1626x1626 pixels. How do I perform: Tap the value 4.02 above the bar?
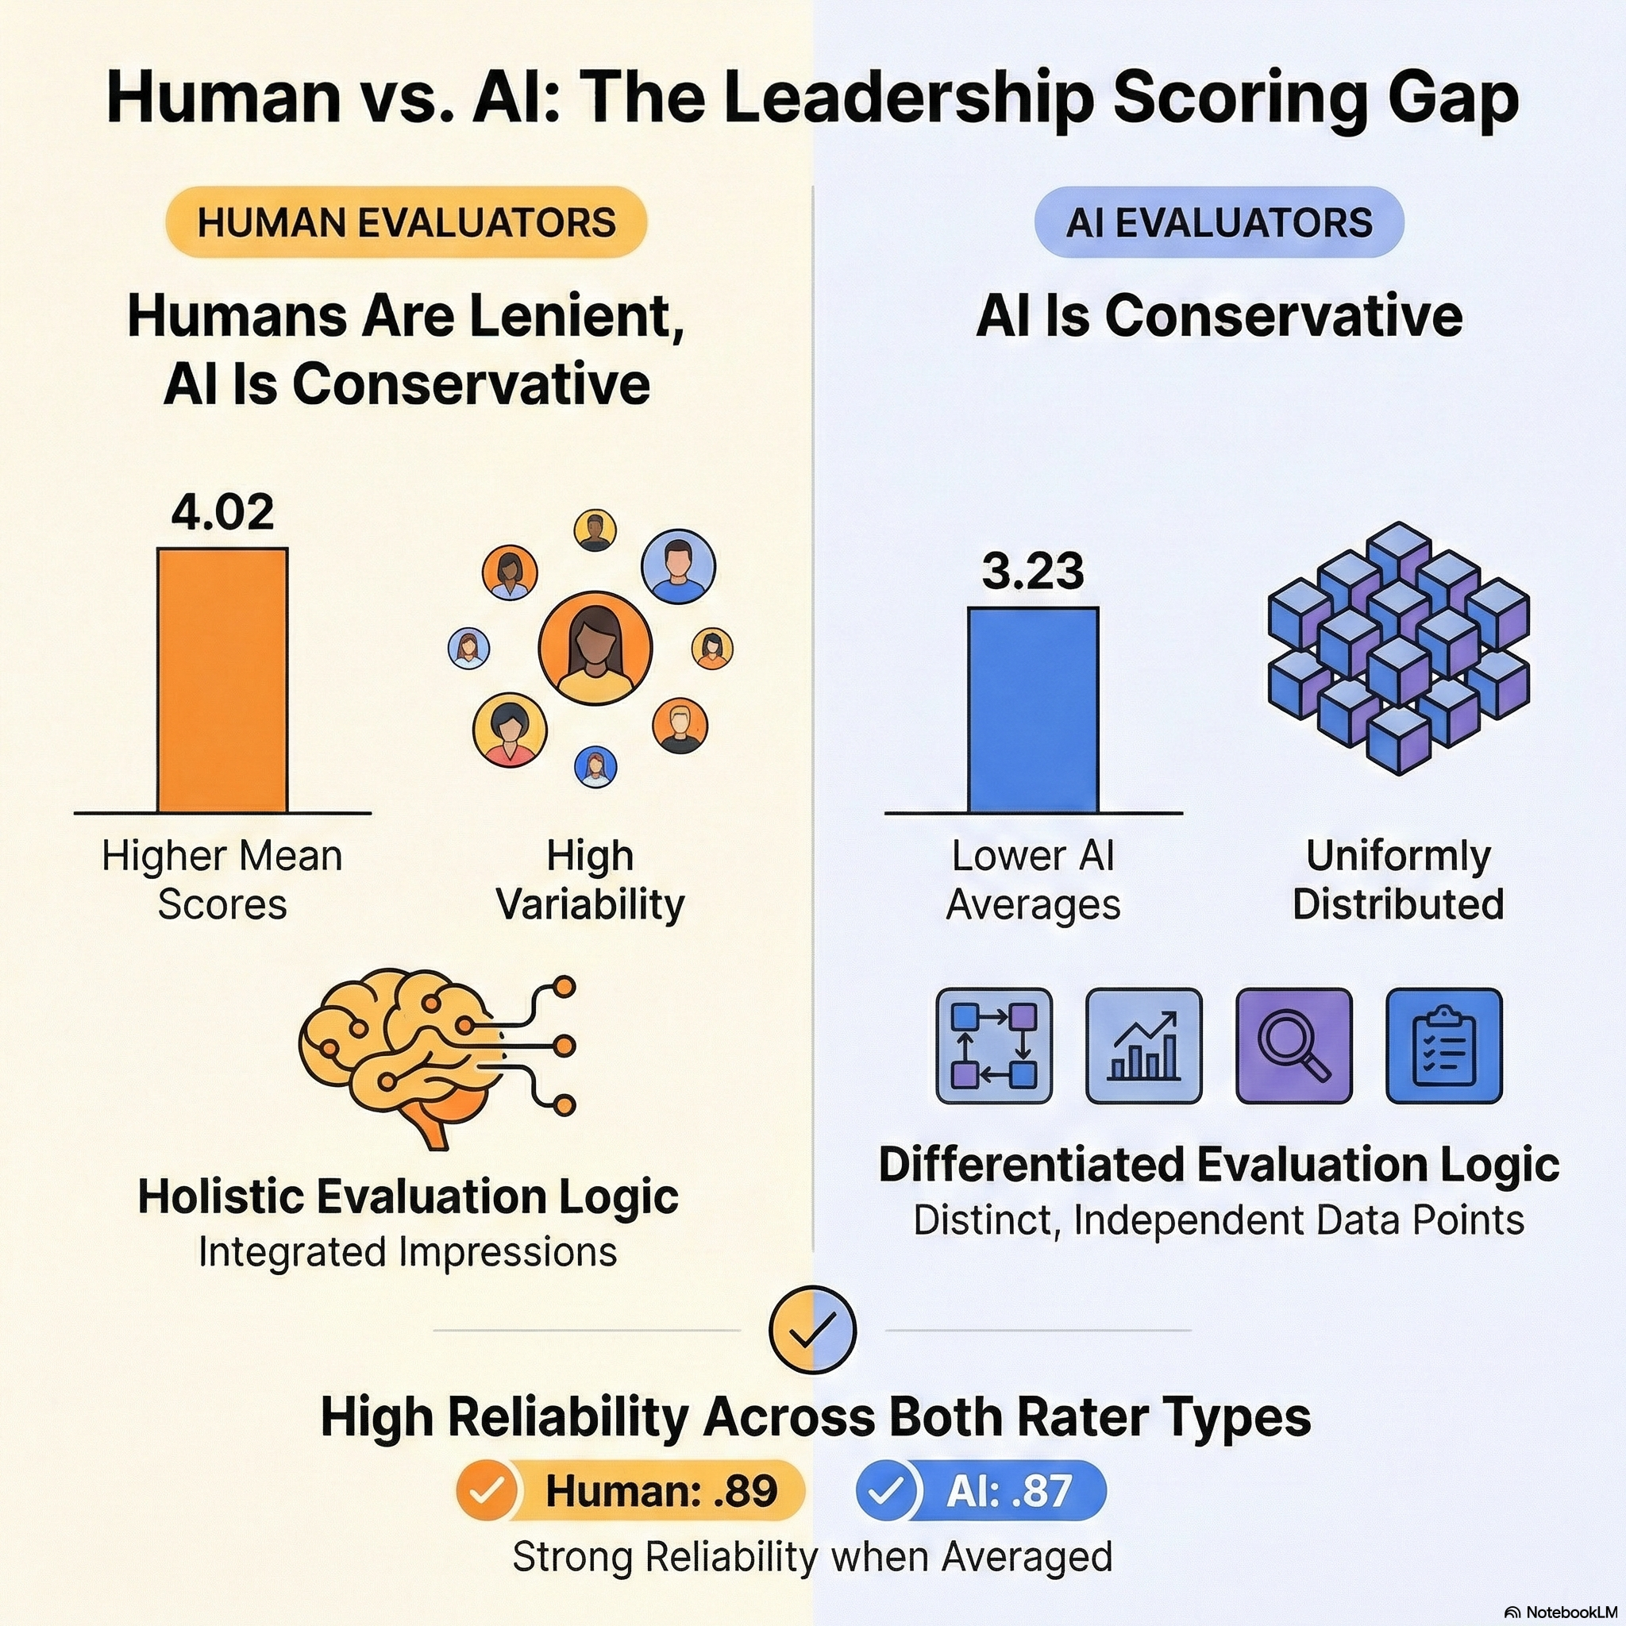point(223,513)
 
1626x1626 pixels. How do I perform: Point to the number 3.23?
point(1033,572)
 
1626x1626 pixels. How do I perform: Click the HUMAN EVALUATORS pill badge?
point(406,222)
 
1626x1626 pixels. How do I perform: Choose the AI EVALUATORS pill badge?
point(1219,222)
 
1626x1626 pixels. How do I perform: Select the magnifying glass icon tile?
point(1293,1046)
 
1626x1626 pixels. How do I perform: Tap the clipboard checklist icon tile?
point(1443,1046)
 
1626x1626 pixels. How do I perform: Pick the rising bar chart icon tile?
point(1144,1046)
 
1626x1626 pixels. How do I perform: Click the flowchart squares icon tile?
point(994,1046)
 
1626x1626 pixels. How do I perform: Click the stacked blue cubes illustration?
point(1398,647)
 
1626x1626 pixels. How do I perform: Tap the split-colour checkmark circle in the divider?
point(812,1330)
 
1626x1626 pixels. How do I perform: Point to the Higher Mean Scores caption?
point(222,880)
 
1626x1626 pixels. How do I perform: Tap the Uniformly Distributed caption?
point(1398,880)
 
